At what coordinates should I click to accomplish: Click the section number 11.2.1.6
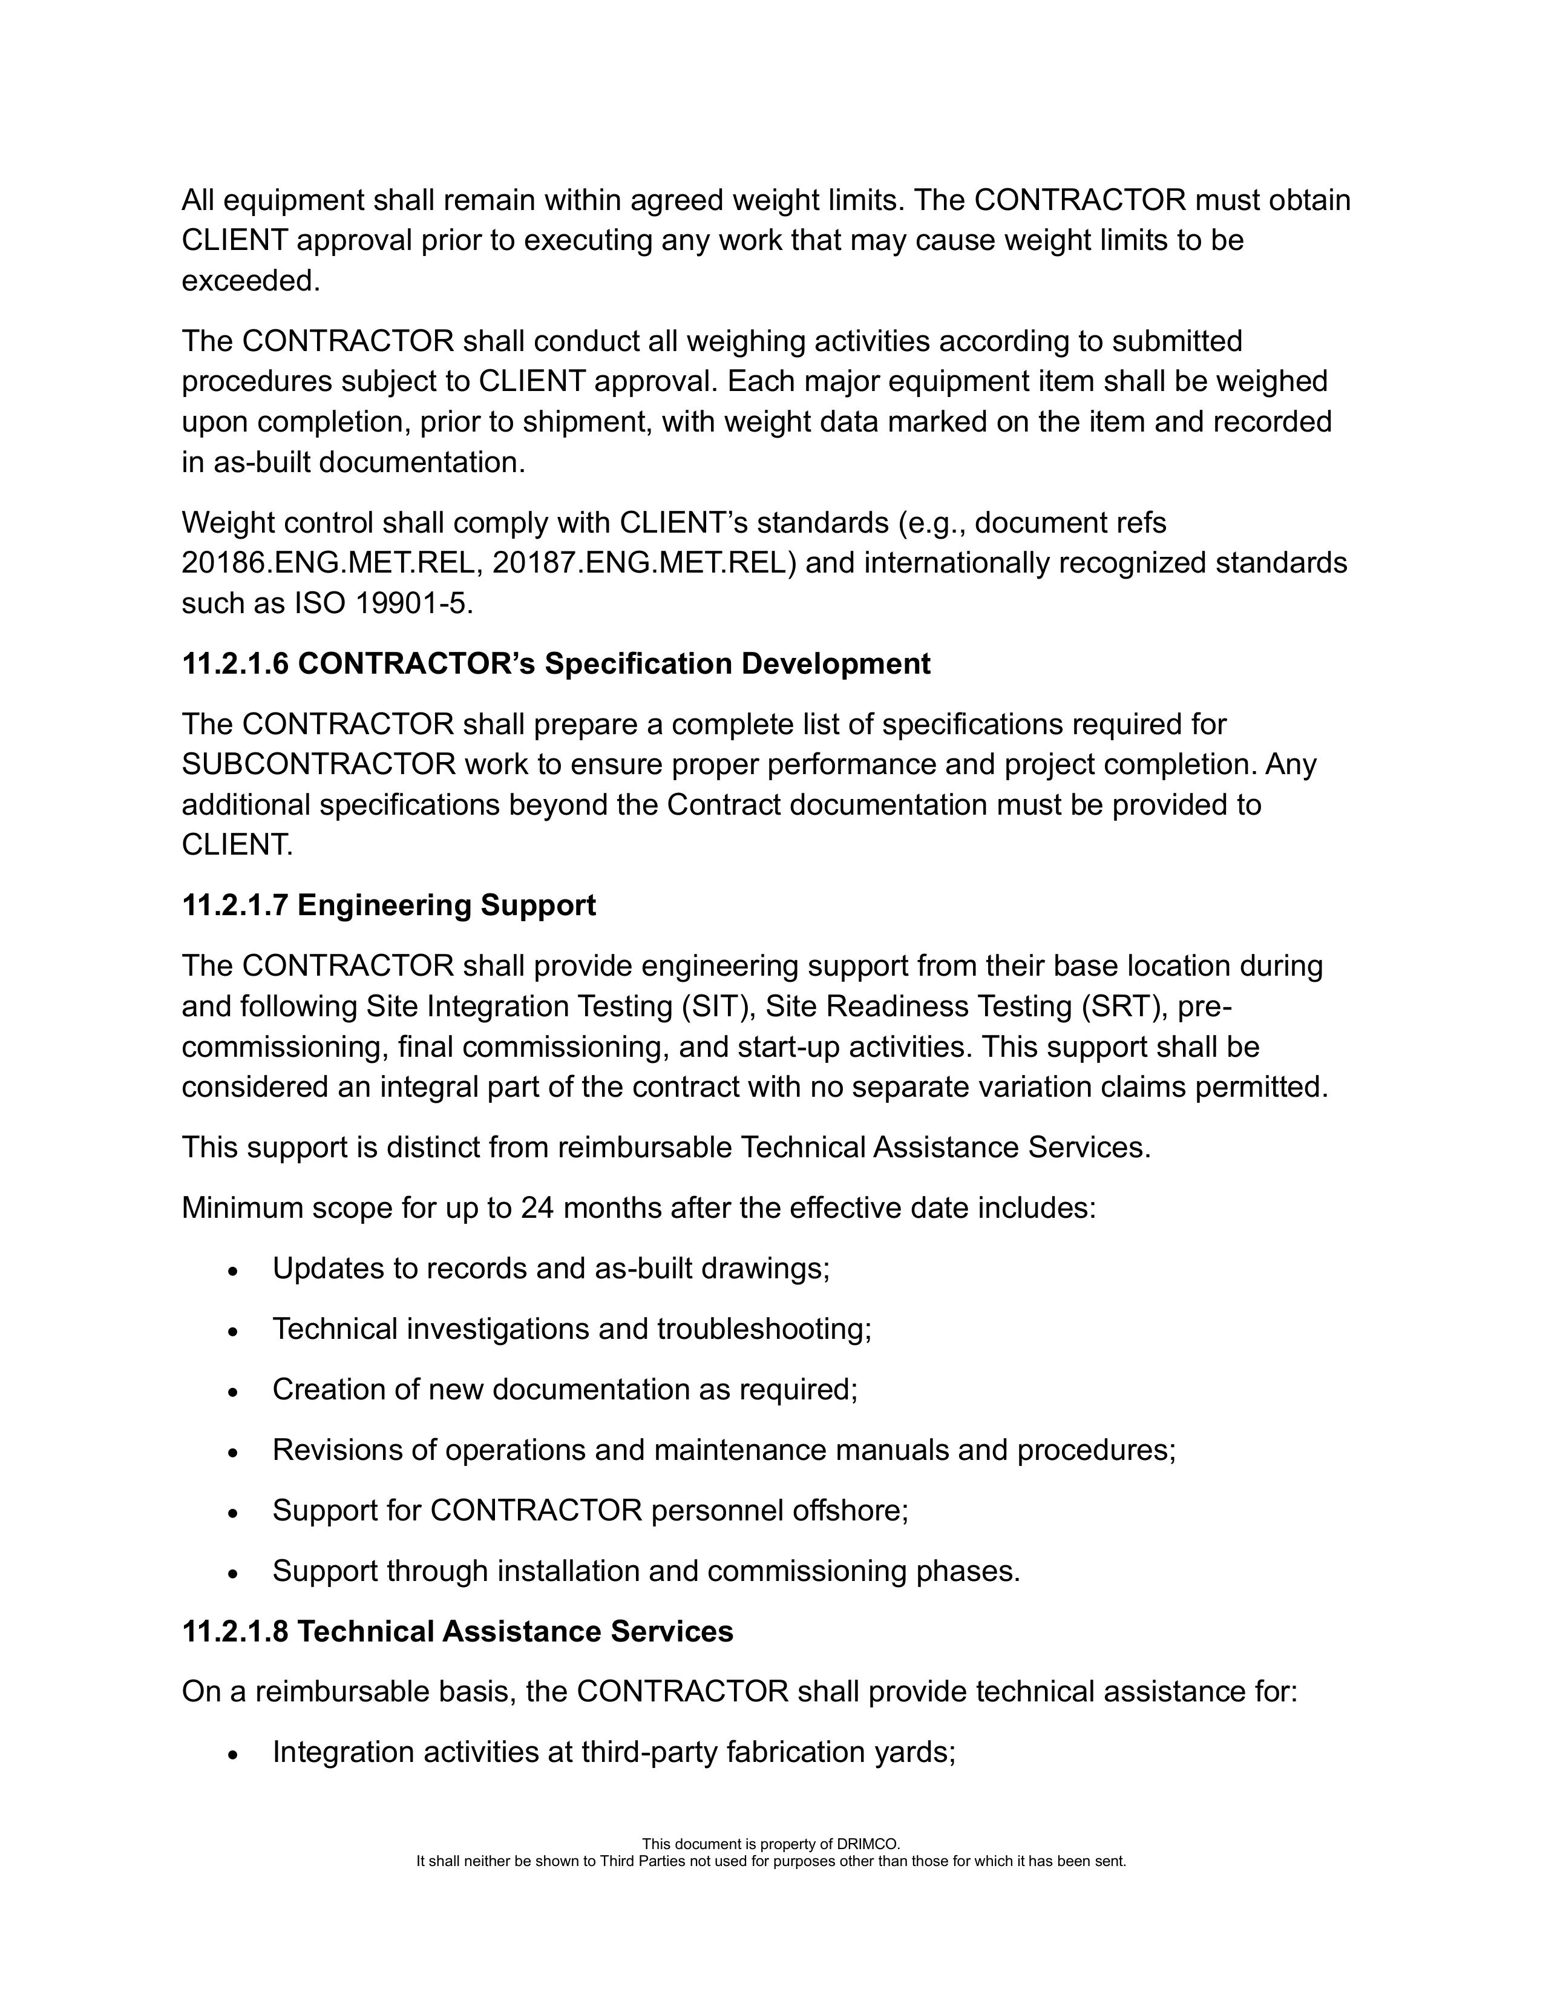pyautogui.click(x=235, y=663)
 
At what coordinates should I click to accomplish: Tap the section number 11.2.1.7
pyautogui.click(x=235, y=905)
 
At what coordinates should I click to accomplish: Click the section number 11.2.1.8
pyautogui.click(x=235, y=1631)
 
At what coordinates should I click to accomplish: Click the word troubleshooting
pyautogui.click(x=764, y=1329)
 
